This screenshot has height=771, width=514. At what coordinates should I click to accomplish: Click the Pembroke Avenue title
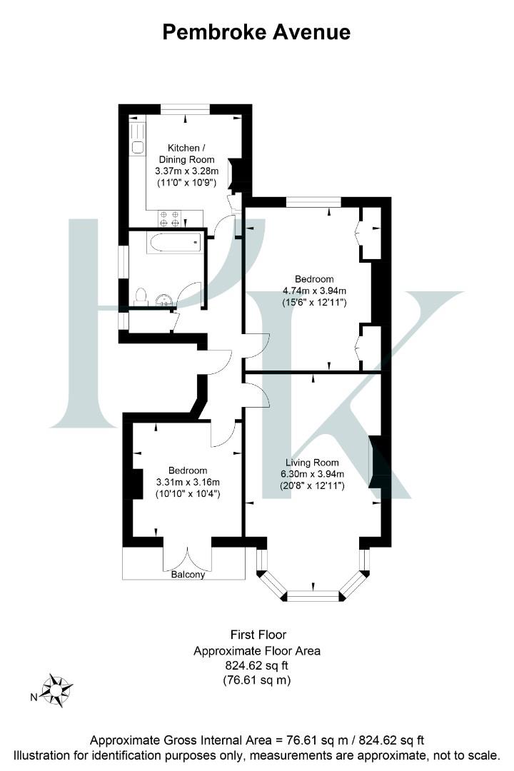(257, 32)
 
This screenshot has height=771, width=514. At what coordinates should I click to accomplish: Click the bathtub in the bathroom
(175, 243)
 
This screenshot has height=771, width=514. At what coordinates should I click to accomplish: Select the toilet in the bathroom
(141, 296)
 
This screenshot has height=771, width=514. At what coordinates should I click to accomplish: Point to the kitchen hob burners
(168, 218)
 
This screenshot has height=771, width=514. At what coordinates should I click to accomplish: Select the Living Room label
(311, 463)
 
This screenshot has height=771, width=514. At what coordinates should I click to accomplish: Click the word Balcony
(188, 574)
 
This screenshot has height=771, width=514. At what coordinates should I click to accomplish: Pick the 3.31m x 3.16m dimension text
(188, 482)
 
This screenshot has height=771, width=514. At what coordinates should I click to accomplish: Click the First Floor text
(257, 634)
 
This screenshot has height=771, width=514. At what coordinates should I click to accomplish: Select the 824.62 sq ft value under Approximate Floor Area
(257, 665)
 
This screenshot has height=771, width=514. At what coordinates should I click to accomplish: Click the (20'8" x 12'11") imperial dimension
(311, 486)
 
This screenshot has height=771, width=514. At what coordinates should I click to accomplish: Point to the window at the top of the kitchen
(185, 109)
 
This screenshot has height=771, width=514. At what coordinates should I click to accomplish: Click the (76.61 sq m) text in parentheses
(257, 681)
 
